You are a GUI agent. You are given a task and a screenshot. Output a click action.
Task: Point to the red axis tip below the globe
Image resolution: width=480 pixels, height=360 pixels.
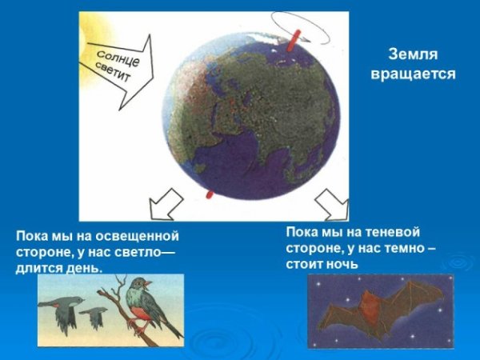coord(210,194)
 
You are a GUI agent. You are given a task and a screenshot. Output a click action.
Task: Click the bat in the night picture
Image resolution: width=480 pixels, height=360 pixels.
coord(376,312)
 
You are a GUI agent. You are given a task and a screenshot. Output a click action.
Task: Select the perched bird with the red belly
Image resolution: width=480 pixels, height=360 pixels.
coord(147,305)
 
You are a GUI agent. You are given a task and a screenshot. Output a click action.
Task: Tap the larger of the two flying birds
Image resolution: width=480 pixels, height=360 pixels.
coord(62,309)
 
